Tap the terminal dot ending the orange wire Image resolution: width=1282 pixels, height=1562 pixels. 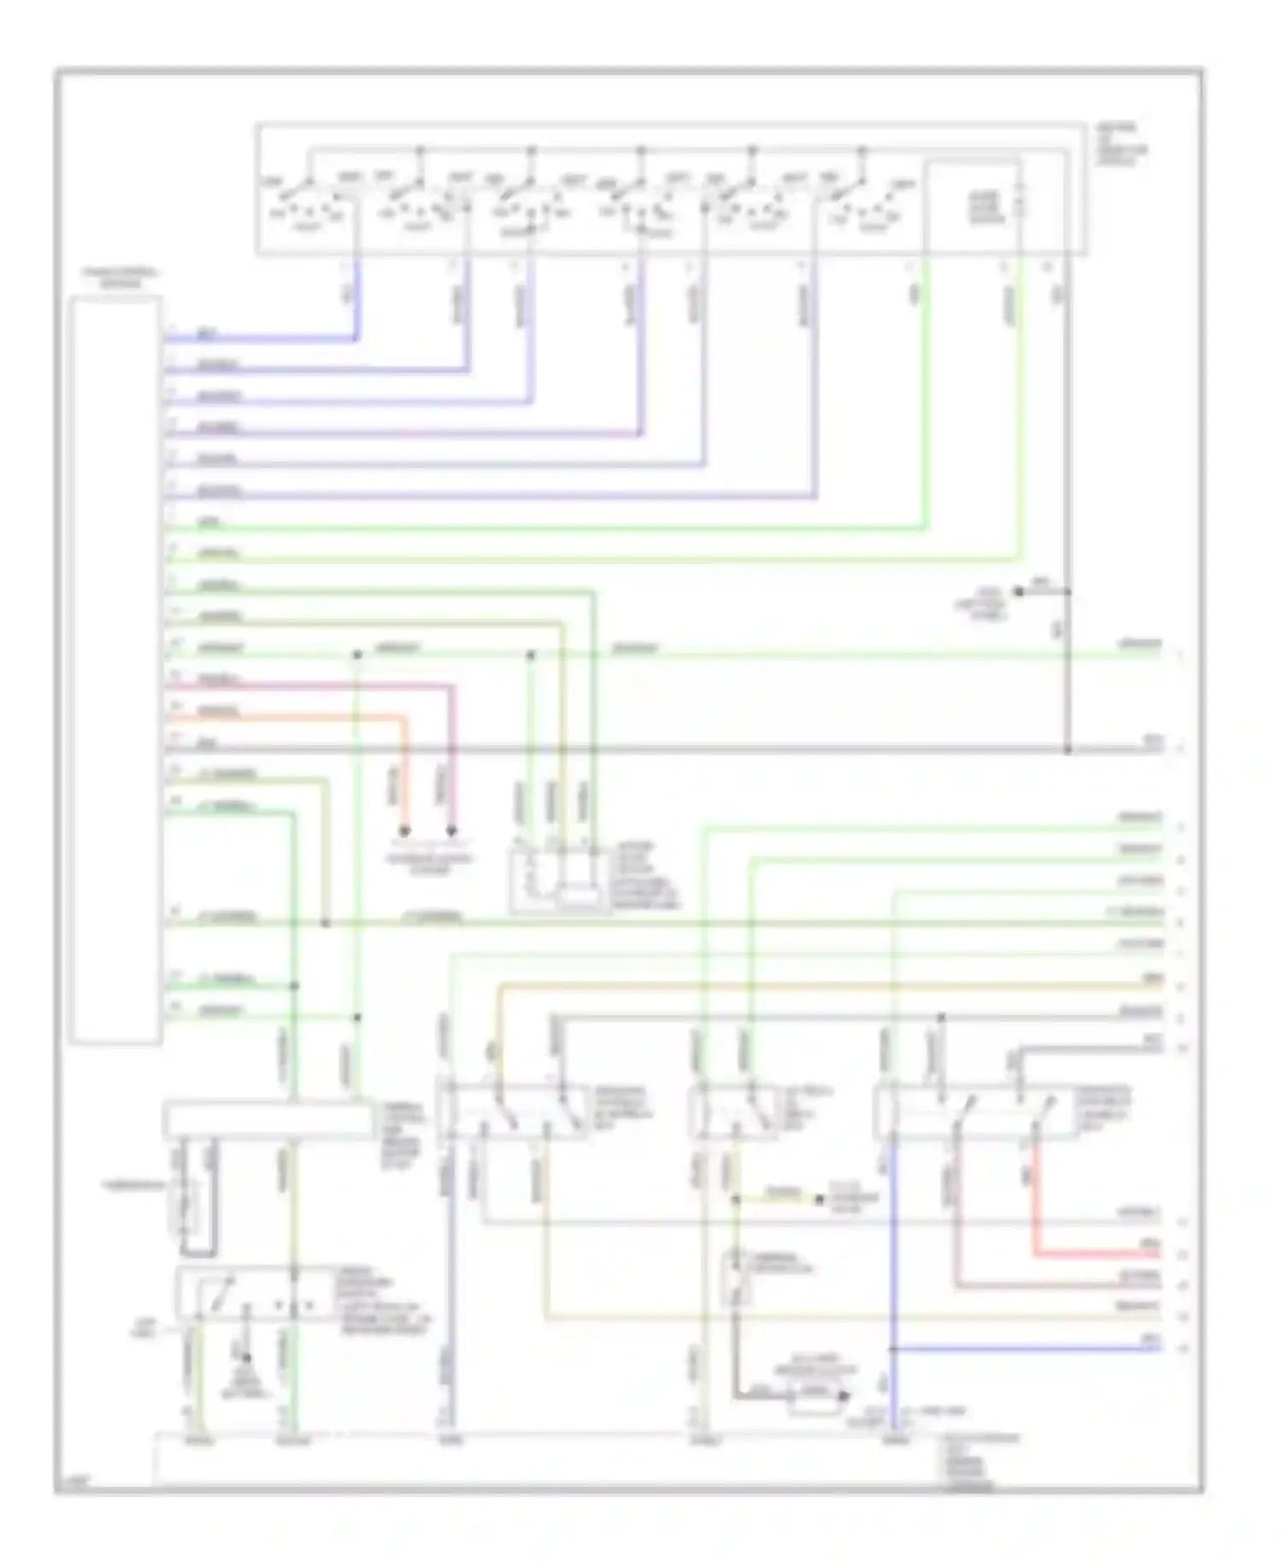pyautogui.click(x=405, y=831)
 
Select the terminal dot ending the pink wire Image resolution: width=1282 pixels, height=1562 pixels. pyautogui.click(x=451, y=831)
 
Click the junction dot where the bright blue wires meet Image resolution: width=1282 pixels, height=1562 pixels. pyautogui.click(x=892, y=1349)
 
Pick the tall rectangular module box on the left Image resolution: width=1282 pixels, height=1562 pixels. pyautogui.click(x=116, y=670)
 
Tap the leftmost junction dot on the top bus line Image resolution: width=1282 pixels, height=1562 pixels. pyautogui.click(x=420, y=150)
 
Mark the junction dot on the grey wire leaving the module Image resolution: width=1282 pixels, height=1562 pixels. pyautogui.click(x=1067, y=749)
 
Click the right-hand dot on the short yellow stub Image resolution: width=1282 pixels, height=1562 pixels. pyautogui.click(x=818, y=1200)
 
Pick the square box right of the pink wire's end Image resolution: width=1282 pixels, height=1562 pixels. pyautogui.click(x=560, y=880)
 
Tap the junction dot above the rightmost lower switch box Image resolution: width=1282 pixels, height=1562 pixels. pyautogui.click(x=941, y=1018)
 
